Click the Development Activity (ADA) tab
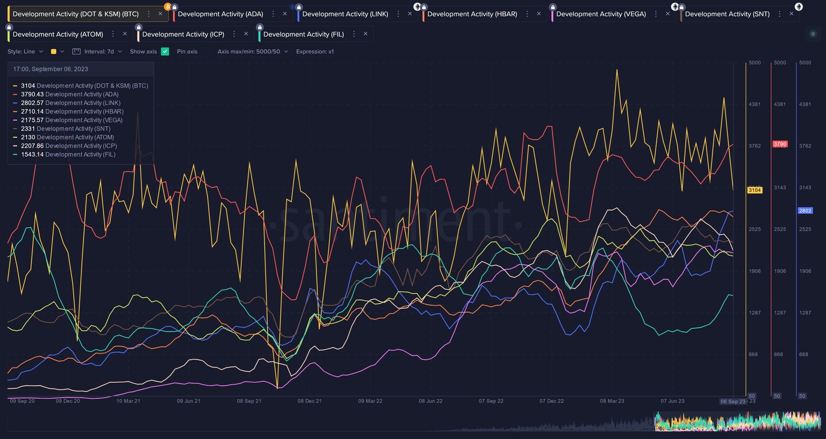point(220,14)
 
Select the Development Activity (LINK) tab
point(345,14)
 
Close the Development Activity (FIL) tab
point(366,34)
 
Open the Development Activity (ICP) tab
point(183,34)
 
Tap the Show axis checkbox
point(165,52)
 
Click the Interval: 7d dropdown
point(99,52)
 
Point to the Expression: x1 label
point(315,52)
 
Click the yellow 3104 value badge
point(754,190)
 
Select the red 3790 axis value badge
point(780,144)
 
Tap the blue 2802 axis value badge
point(805,211)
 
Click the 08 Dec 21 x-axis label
point(310,401)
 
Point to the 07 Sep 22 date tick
point(491,401)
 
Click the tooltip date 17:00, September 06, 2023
point(51,69)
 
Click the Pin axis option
point(187,52)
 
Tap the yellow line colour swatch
point(54,52)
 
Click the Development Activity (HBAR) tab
point(472,14)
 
